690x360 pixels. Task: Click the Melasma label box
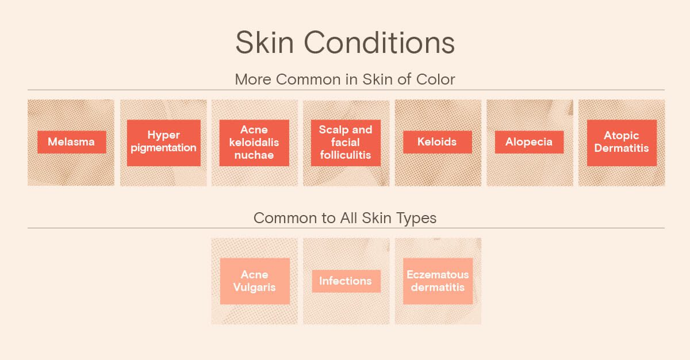pyautogui.click(x=72, y=142)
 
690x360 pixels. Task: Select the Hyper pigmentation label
pyautogui.click(x=163, y=143)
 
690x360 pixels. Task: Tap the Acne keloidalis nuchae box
pyautogui.click(x=254, y=143)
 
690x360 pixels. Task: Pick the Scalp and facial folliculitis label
pyautogui.click(x=346, y=143)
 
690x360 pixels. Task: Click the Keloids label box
pyautogui.click(x=438, y=142)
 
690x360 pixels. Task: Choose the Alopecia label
pyautogui.click(x=529, y=142)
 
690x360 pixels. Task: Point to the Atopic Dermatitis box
pyautogui.click(x=622, y=143)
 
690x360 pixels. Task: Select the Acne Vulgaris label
pyautogui.click(x=255, y=281)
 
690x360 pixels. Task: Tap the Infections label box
pyautogui.click(x=346, y=281)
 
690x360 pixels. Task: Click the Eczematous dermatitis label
pyautogui.click(x=438, y=281)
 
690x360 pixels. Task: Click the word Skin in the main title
pyautogui.click(x=264, y=42)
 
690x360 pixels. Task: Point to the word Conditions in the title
pyautogui.click(x=379, y=42)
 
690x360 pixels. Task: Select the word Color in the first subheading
pyautogui.click(x=436, y=79)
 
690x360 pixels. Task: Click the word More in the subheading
pyautogui.click(x=253, y=79)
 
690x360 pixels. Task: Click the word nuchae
pyautogui.click(x=254, y=155)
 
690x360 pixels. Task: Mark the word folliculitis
pyautogui.click(x=346, y=155)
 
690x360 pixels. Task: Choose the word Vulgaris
pyautogui.click(x=254, y=288)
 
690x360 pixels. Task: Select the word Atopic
pyautogui.click(x=622, y=136)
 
